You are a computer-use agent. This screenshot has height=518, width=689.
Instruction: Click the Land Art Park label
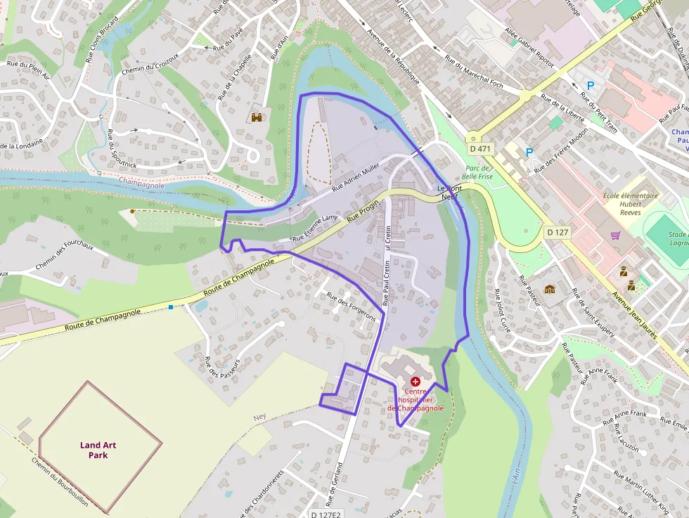coord(98,450)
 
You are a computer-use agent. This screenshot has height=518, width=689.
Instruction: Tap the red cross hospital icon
coord(415,380)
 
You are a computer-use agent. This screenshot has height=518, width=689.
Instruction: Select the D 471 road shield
coord(481,149)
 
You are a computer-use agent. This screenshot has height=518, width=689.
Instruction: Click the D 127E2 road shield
coord(326,514)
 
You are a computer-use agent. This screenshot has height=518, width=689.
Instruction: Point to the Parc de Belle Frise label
coord(478,172)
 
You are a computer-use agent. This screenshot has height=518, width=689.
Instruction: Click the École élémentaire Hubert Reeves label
coord(631,202)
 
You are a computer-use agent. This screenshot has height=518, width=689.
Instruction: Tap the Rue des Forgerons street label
coord(352,306)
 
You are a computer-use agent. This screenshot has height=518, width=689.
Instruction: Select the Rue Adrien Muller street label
coord(355,176)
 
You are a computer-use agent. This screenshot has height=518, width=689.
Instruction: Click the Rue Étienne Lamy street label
coord(315,229)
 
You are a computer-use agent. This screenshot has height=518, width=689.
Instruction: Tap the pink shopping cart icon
coord(616,235)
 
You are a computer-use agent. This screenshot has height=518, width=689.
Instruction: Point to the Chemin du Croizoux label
coord(150,63)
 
